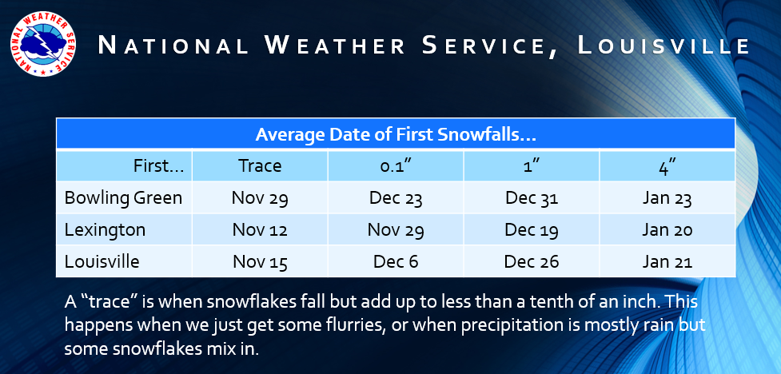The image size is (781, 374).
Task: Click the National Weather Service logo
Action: (42, 44)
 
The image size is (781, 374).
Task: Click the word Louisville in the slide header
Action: (663, 46)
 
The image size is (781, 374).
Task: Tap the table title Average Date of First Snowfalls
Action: (396, 134)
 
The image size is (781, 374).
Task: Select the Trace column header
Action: (260, 166)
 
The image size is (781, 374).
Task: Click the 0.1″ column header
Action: (396, 166)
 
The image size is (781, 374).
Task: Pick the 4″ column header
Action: (667, 166)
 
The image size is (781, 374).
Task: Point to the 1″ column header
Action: (532, 166)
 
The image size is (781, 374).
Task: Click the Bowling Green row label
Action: (124, 198)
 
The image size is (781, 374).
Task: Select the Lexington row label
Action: (105, 230)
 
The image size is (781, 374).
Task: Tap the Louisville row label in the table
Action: (102, 262)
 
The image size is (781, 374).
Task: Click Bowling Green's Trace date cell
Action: (260, 198)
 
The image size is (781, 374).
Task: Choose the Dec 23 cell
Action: (396, 198)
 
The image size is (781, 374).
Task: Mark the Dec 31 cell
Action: (532, 198)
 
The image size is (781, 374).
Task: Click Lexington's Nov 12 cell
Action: (260, 230)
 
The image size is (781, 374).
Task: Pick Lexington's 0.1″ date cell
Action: (396, 230)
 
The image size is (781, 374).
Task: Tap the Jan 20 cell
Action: (667, 230)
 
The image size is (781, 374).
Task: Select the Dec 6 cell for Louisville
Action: (396, 262)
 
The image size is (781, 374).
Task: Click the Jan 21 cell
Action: (667, 262)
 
